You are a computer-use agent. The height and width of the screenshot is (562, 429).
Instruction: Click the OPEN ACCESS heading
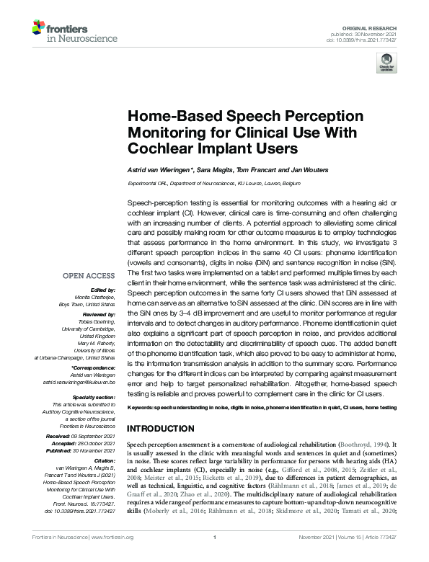click(89, 276)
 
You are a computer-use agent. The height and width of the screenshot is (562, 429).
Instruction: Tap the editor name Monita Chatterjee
click(94, 297)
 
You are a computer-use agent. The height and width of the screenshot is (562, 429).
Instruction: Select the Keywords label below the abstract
click(143, 408)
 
